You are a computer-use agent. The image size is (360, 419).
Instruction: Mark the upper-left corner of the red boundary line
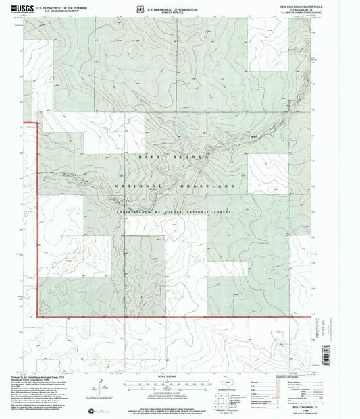[24, 122]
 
